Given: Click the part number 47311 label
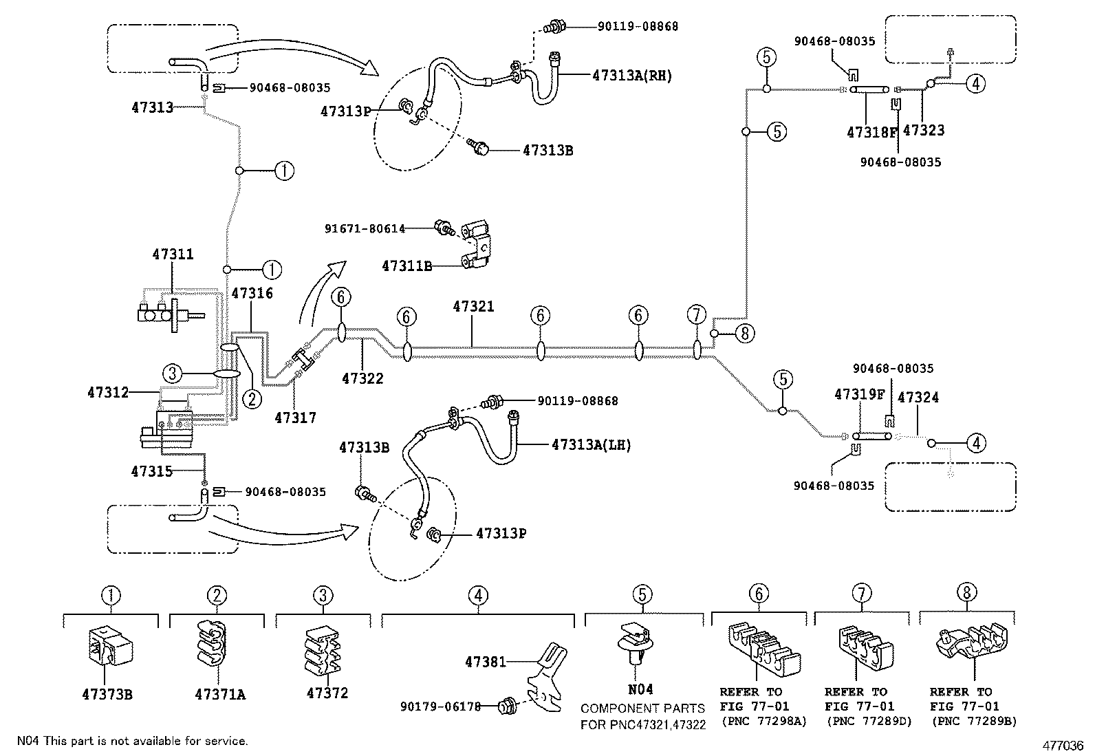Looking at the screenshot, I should pyautogui.click(x=173, y=255).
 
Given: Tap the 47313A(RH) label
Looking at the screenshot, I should pyautogui.click(x=631, y=76).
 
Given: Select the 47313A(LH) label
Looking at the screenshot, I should pyautogui.click(x=591, y=445).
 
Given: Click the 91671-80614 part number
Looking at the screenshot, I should pyautogui.click(x=365, y=228).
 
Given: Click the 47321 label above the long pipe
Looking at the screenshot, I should pyautogui.click(x=473, y=306).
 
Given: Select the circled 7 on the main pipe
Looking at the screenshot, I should pyautogui.click(x=697, y=316).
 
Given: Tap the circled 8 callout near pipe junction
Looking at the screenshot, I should pyautogui.click(x=744, y=334).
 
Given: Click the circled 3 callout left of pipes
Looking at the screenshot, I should pyautogui.click(x=173, y=374).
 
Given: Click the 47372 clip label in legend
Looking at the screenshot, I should pyautogui.click(x=327, y=693).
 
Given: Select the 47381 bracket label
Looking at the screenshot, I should pyautogui.click(x=485, y=662).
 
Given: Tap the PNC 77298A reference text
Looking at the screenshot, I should pyautogui.click(x=763, y=721).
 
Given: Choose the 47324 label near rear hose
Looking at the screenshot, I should pyautogui.click(x=918, y=398).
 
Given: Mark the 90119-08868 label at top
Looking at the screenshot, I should pyautogui.click(x=638, y=27).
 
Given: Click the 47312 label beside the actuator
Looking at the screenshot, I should pyautogui.click(x=108, y=392).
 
